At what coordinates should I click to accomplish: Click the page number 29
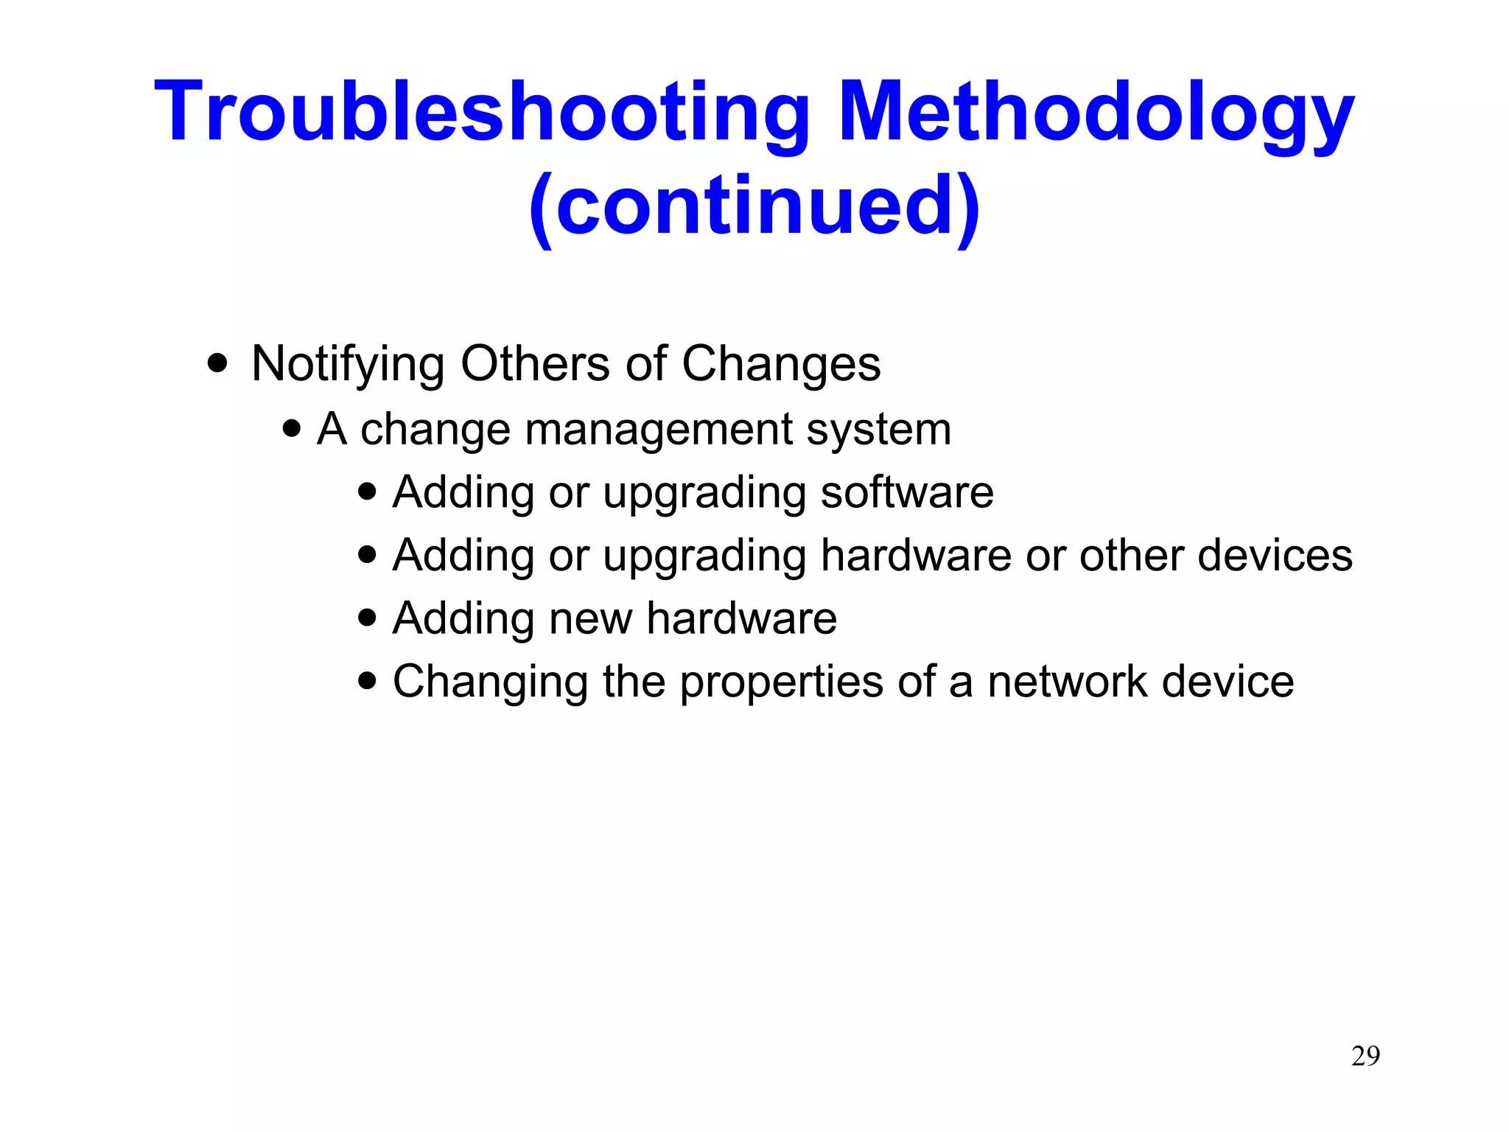click(1365, 1056)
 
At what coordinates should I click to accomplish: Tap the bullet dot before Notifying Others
click(217, 363)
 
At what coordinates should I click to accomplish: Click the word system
click(878, 429)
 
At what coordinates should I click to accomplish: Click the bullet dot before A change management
click(293, 428)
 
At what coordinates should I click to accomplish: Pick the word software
click(907, 492)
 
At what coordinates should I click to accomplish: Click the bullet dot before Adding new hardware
click(367, 617)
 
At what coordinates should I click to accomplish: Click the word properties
click(781, 682)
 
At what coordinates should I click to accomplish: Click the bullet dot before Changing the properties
click(367, 680)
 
